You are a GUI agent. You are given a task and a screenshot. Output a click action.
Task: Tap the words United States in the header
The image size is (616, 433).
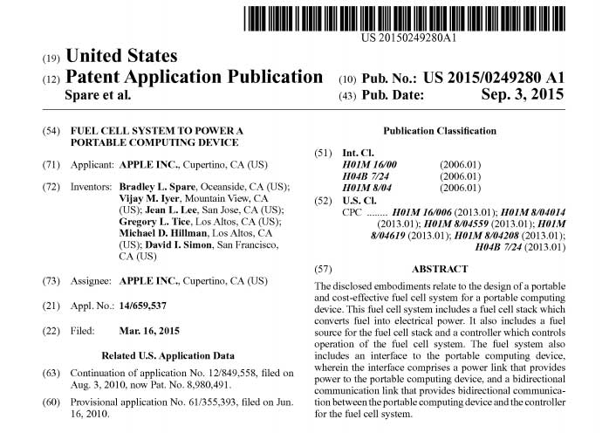click(x=122, y=58)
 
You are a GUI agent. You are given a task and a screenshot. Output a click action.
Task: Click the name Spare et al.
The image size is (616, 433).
click(x=99, y=95)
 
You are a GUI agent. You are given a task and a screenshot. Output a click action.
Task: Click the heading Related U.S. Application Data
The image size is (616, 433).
click(x=168, y=355)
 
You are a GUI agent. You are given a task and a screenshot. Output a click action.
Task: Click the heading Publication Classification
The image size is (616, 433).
click(x=452, y=131)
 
